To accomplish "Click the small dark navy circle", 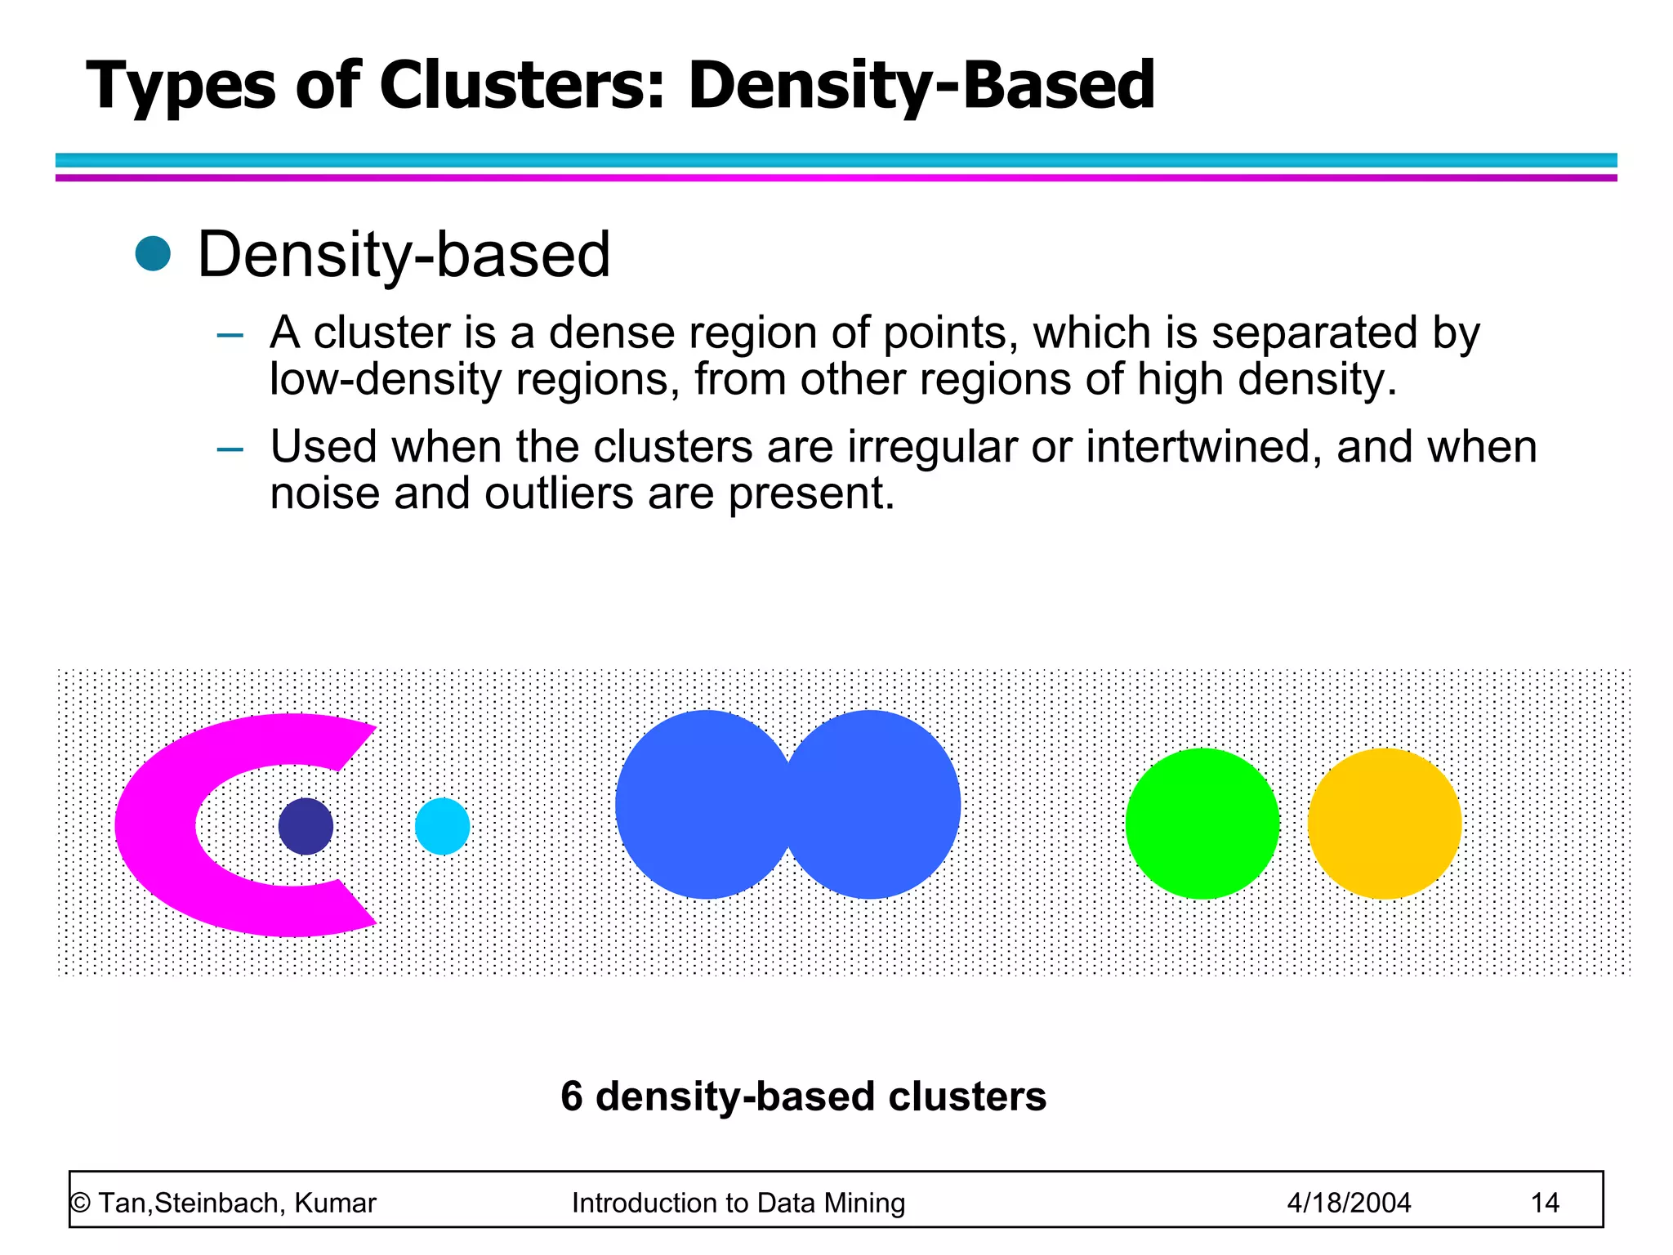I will [x=306, y=826].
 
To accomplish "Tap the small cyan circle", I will [x=442, y=826].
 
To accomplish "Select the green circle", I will [x=1202, y=824].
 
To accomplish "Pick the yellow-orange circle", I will [x=1385, y=824].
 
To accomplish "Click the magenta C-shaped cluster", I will [x=155, y=825].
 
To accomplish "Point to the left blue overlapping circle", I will [x=694, y=805].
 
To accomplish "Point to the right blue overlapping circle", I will [x=878, y=805].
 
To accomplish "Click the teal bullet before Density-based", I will [x=153, y=253].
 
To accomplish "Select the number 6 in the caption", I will [x=572, y=1096].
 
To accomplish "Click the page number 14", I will [x=1545, y=1203].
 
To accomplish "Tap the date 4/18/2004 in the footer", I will [x=1349, y=1203].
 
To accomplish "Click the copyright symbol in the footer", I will [x=80, y=1203].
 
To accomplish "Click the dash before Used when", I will [x=230, y=449].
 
